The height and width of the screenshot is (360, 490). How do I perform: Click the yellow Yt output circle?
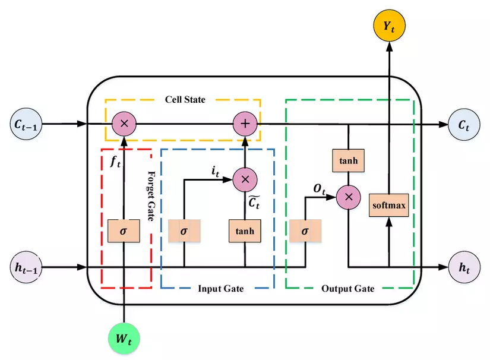click(x=388, y=26)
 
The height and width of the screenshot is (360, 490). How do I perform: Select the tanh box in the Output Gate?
click(x=348, y=160)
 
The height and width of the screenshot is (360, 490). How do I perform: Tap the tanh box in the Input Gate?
click(x=245, y=230)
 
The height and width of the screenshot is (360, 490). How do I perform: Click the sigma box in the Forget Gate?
click(x=124, y=230)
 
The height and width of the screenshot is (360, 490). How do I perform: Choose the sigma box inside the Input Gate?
click(x=184, y=230)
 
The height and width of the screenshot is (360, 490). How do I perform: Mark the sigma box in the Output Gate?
click(x=305, y=230)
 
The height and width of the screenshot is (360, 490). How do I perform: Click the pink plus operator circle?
click(x=244, y=124)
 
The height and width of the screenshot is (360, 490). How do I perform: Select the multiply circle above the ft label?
click(x=124, y=124)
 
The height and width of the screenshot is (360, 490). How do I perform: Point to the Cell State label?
click(x=185, y=99)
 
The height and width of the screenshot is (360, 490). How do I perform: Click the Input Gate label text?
click(x=220, y=289)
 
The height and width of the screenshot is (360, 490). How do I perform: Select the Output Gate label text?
click(x=348, y=289)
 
